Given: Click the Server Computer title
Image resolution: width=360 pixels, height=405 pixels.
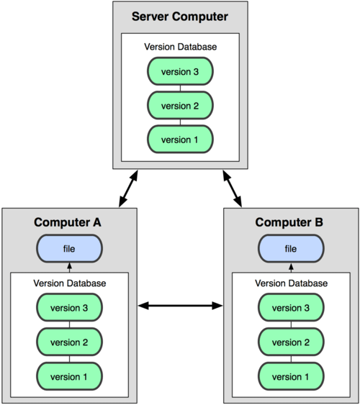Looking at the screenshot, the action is (180, 17).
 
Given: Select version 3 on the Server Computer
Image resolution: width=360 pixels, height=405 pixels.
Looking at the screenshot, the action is (181, 71).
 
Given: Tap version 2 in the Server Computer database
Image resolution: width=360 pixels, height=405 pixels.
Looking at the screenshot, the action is (181, 105).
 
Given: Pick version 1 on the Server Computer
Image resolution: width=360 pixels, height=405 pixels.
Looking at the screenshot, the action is (181, 140).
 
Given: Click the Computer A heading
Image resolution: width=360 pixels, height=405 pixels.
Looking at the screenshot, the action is (68, 222).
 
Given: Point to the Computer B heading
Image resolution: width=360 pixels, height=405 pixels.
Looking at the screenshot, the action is (289, 222).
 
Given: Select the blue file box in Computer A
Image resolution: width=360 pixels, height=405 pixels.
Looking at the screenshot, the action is (69, 248).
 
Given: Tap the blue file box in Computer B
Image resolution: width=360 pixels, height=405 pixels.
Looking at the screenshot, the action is (291, 248).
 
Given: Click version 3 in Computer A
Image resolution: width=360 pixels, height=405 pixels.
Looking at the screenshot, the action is (69, 308).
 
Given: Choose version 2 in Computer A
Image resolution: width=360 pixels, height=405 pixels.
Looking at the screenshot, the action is (69, 342).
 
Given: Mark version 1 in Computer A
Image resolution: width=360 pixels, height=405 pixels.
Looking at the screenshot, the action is (69, 376).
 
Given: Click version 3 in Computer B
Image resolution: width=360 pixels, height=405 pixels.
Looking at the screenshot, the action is (291, 308).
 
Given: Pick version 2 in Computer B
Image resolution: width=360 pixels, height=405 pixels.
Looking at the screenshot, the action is (291, 342).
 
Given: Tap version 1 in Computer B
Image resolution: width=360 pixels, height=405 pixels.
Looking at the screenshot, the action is (291, 376).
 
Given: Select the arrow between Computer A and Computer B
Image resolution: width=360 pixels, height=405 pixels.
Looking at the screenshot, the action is (180, 306).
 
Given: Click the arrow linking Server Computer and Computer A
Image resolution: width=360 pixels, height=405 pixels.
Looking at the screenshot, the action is (128, 188).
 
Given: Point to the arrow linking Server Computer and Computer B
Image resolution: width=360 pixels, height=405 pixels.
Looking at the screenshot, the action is (233, 188).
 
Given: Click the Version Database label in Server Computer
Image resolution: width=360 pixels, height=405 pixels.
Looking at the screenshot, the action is (181, 47).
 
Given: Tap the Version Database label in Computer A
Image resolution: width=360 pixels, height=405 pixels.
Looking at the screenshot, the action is (70, 283).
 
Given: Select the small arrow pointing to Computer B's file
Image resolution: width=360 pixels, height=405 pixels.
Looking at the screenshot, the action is (291, 268).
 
